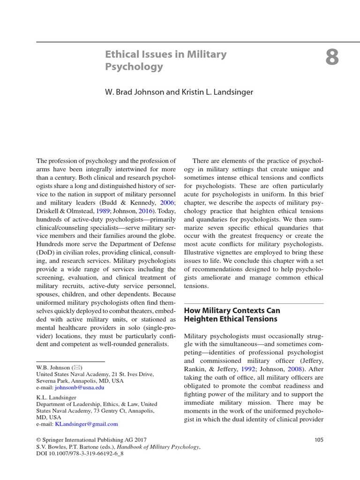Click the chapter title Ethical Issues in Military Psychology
tap(165, 60)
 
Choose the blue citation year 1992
tap(248, 368)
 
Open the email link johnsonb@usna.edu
tap(79, 388)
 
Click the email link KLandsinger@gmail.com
tap(86, 424)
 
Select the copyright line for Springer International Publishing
tap(91, 440)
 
